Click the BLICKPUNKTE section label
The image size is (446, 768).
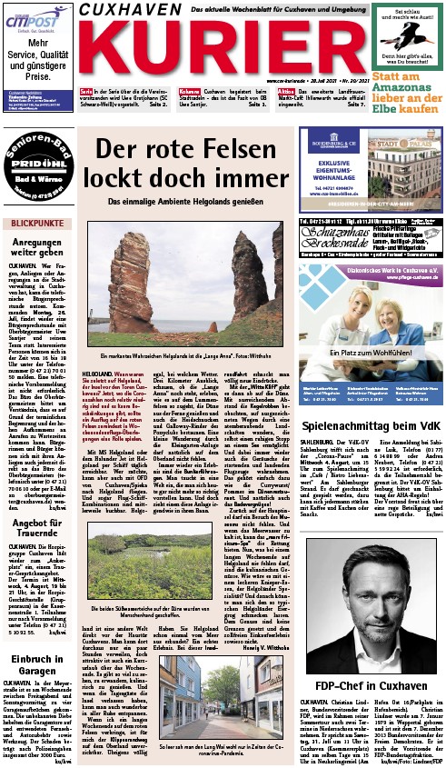[36, 223]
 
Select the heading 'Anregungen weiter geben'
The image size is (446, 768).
[36, 251]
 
